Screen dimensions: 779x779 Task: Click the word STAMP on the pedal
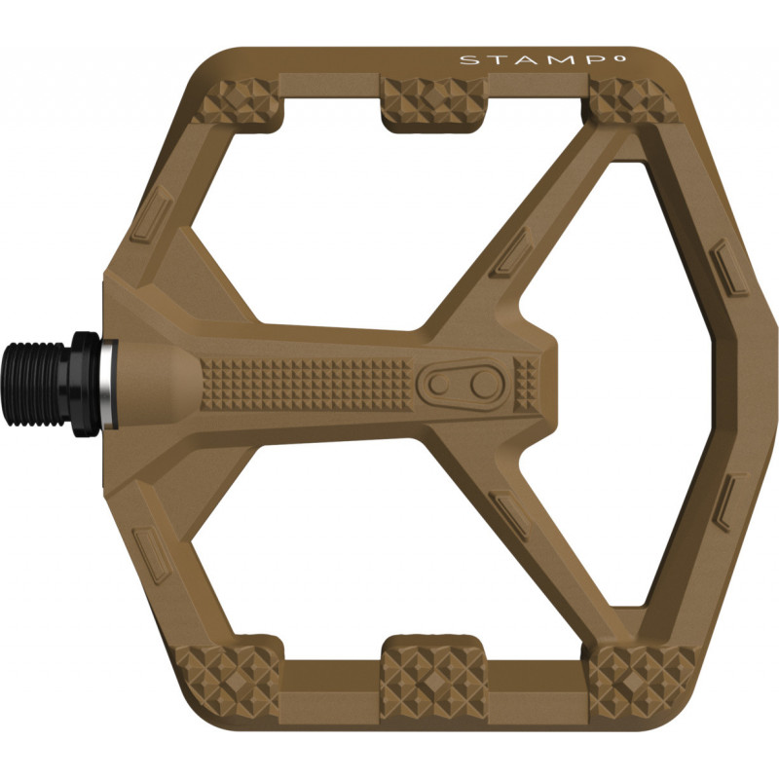496,60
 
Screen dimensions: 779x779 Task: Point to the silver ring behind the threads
105,376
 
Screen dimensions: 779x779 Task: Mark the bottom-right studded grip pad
632,677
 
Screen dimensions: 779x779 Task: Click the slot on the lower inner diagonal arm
511,512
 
